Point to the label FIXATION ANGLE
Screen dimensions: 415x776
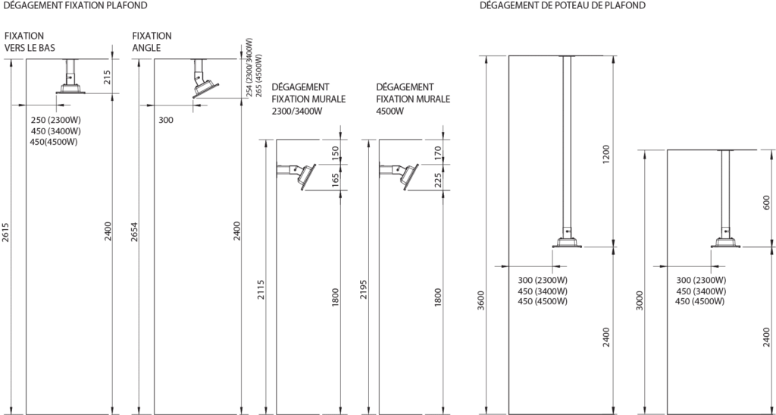[x=152, y=41]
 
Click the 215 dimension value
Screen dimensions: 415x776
[x=107, y=76]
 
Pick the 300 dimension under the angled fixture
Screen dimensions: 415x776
[x=165, y=120]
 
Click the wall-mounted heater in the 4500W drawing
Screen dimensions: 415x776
[x=402, y=173]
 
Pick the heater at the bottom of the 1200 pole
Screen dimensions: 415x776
[x=568, y=241]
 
